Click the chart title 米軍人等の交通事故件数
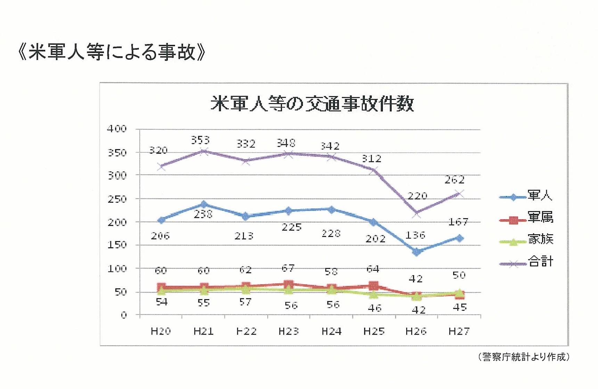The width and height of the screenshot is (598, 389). click(312, 103)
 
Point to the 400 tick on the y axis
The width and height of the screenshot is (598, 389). click(117, 129)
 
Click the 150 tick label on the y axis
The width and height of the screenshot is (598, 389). click(117, 245)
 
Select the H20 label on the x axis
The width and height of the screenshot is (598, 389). click(161, 331)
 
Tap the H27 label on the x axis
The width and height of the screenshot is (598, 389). click(459, 331)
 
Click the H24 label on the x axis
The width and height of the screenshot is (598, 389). click(331, 331)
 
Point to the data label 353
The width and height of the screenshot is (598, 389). click(200, 140)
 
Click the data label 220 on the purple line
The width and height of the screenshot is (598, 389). click(417, 196)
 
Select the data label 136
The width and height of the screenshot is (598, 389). click(415, 235)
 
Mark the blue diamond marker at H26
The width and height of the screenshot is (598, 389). click(417, 252)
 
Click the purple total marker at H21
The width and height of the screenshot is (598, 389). click(204, 151)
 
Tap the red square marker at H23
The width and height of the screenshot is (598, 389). click(288, 285)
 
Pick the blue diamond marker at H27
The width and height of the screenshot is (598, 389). click(459, 238)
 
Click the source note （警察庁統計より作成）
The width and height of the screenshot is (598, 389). click(524, 357)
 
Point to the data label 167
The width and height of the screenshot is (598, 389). click(458, 222)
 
